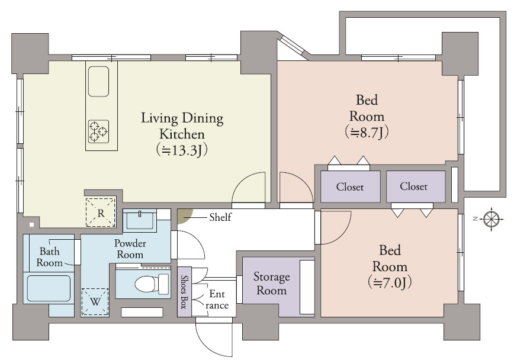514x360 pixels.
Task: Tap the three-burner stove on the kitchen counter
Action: click(98, 131)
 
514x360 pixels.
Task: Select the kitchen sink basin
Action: click(98, 81)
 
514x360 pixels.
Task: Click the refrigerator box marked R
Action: click(101, 213)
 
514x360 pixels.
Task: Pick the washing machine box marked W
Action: click(95, 301)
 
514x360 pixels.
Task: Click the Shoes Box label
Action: click(184, 292)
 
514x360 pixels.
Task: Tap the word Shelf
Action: click(220, 217)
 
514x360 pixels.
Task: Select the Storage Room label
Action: click(271, 284)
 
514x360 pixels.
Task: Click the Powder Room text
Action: click(130, 249)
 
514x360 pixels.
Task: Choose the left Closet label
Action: click(350, 187)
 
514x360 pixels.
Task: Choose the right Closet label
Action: click(413, 187)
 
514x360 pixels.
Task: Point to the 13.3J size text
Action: click(182, 150)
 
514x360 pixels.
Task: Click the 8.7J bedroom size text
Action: click(367, 133)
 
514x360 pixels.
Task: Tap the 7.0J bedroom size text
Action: click(390, 282)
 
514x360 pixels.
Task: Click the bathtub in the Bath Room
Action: click(49, 288)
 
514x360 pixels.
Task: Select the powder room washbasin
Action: click(140, 220)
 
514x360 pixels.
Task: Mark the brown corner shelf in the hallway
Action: click(182, 216)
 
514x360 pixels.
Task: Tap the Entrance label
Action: click(217, 300)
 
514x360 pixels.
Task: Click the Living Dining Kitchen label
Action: click(182, 126)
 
